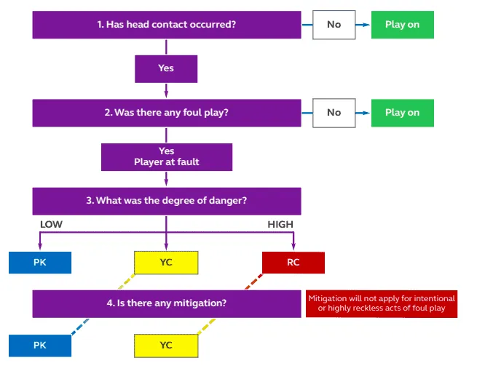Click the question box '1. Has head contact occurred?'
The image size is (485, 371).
(x=166, y=25)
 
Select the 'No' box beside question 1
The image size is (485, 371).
(x=334, y=25)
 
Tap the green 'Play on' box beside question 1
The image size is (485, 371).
(x=402, y=25)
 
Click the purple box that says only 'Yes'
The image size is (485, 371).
(x=166, y=69)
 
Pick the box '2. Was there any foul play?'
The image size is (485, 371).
(x=166, y=113)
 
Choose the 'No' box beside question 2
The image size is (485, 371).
(x=334, y=113)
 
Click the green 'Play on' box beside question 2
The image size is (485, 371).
(x=402, y=113)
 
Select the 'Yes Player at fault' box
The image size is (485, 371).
(x=166, y=156)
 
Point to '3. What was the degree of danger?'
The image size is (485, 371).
(x=166, y=201)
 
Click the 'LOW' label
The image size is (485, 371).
(x=51, y=225)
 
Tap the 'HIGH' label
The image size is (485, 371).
(x=280, y=225)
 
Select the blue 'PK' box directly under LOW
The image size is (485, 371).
(x=40, y=262)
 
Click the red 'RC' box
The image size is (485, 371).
(x=293, y=262)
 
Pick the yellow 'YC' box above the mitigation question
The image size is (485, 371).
(x=166, y=262)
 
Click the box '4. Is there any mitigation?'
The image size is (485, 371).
(x=166, y=303)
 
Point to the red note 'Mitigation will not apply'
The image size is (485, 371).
(x=382, y=304)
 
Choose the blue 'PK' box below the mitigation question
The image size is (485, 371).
(x=40, y=345)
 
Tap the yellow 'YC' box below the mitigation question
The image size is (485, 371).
(x=166, y=345)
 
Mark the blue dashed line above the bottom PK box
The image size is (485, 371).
(x=79, y=326)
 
